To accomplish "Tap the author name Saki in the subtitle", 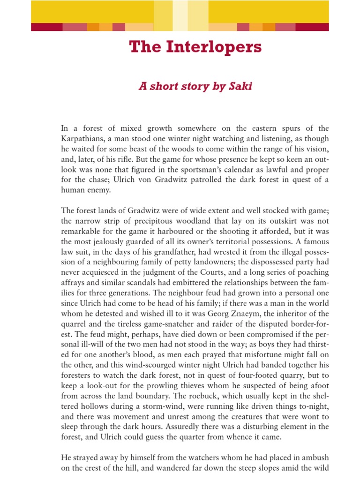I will pos(240,87).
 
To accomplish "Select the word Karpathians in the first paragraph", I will pos(85,139).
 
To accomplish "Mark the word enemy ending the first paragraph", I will pos(99,190).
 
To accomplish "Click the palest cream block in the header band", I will pos(180,12).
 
